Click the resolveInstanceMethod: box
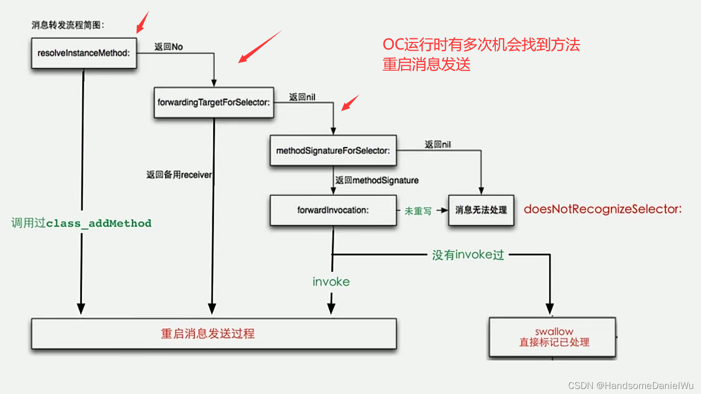(84, 53)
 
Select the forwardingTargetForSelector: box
(214, 103)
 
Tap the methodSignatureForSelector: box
(333, 151)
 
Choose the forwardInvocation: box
(333, 210)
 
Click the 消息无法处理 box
(481, 210)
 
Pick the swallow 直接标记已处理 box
(554, 337)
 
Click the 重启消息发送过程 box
(213, 333)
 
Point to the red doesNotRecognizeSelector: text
(602, 209)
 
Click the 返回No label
(168, 47)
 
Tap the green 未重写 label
(418, 211)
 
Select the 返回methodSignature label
(377, 180)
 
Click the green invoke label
(331, 282)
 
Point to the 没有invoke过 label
(468, 255)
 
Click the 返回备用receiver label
(179, 175)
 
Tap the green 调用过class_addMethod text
(81, 223)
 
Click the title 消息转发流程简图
(68, 25)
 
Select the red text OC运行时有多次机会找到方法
(481, 45)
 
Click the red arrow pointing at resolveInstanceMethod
(142, 22)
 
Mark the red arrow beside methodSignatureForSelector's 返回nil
(350, 103)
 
